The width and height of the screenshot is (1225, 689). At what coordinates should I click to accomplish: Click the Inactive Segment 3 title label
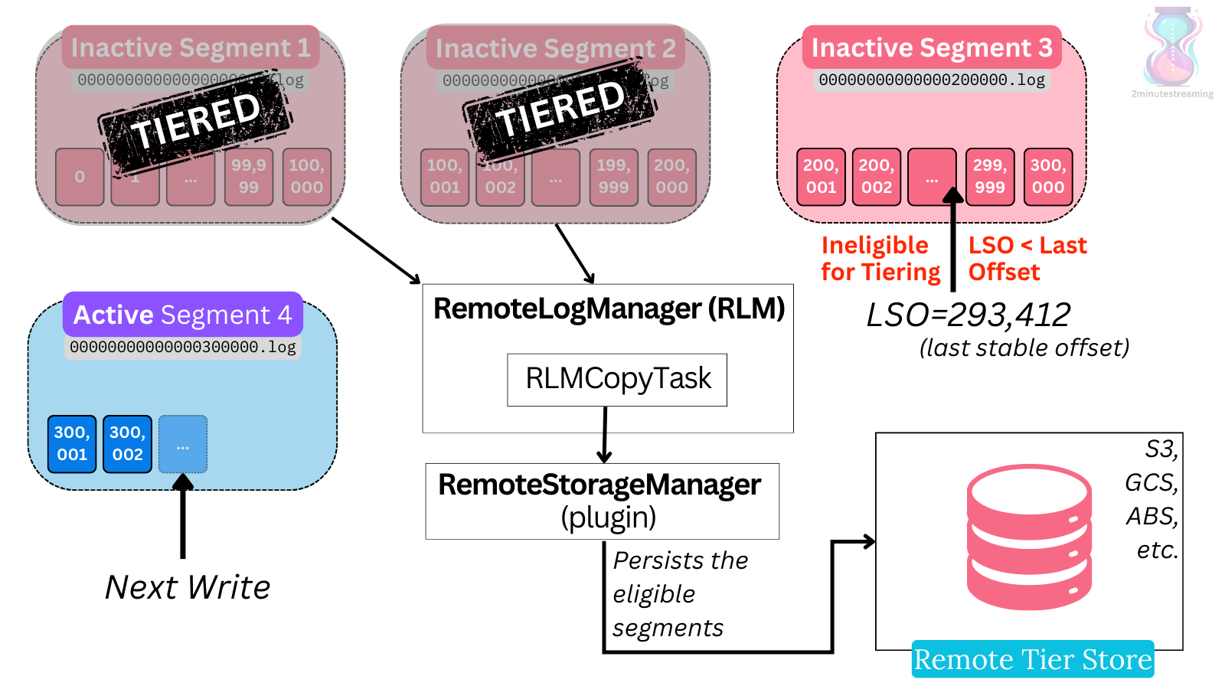coord(932,47)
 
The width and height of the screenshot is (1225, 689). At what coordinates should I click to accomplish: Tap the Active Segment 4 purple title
coord(182,315)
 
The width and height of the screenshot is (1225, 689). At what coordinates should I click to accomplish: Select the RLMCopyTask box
coord(617,379)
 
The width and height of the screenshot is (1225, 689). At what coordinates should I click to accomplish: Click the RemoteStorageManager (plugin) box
coord(602,501)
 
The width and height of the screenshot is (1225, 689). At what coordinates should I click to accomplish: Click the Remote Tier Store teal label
coord(1032,659)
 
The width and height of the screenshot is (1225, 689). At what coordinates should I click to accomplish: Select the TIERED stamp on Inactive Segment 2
coord(560,109)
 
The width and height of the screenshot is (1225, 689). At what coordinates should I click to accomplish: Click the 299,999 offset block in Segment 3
coord(989,177)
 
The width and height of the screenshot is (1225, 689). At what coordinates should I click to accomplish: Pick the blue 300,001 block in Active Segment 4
coord(72,444)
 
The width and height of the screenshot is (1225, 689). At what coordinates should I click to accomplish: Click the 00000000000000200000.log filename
coord(931,80)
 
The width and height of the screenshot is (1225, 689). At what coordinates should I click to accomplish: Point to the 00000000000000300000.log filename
coord(182,347)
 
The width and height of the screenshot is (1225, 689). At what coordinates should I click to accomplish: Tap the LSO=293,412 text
coord(968,315)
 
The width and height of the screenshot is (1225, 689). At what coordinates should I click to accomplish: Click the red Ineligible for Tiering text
coord(880,259)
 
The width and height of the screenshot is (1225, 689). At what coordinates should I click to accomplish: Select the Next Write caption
coord(188,587)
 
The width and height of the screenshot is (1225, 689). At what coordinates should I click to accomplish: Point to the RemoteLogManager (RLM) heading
coord(609,309)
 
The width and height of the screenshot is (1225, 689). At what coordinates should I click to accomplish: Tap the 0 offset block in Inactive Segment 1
coord(80,177)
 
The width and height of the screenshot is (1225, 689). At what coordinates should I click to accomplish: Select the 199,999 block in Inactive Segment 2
coord(613,177)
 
